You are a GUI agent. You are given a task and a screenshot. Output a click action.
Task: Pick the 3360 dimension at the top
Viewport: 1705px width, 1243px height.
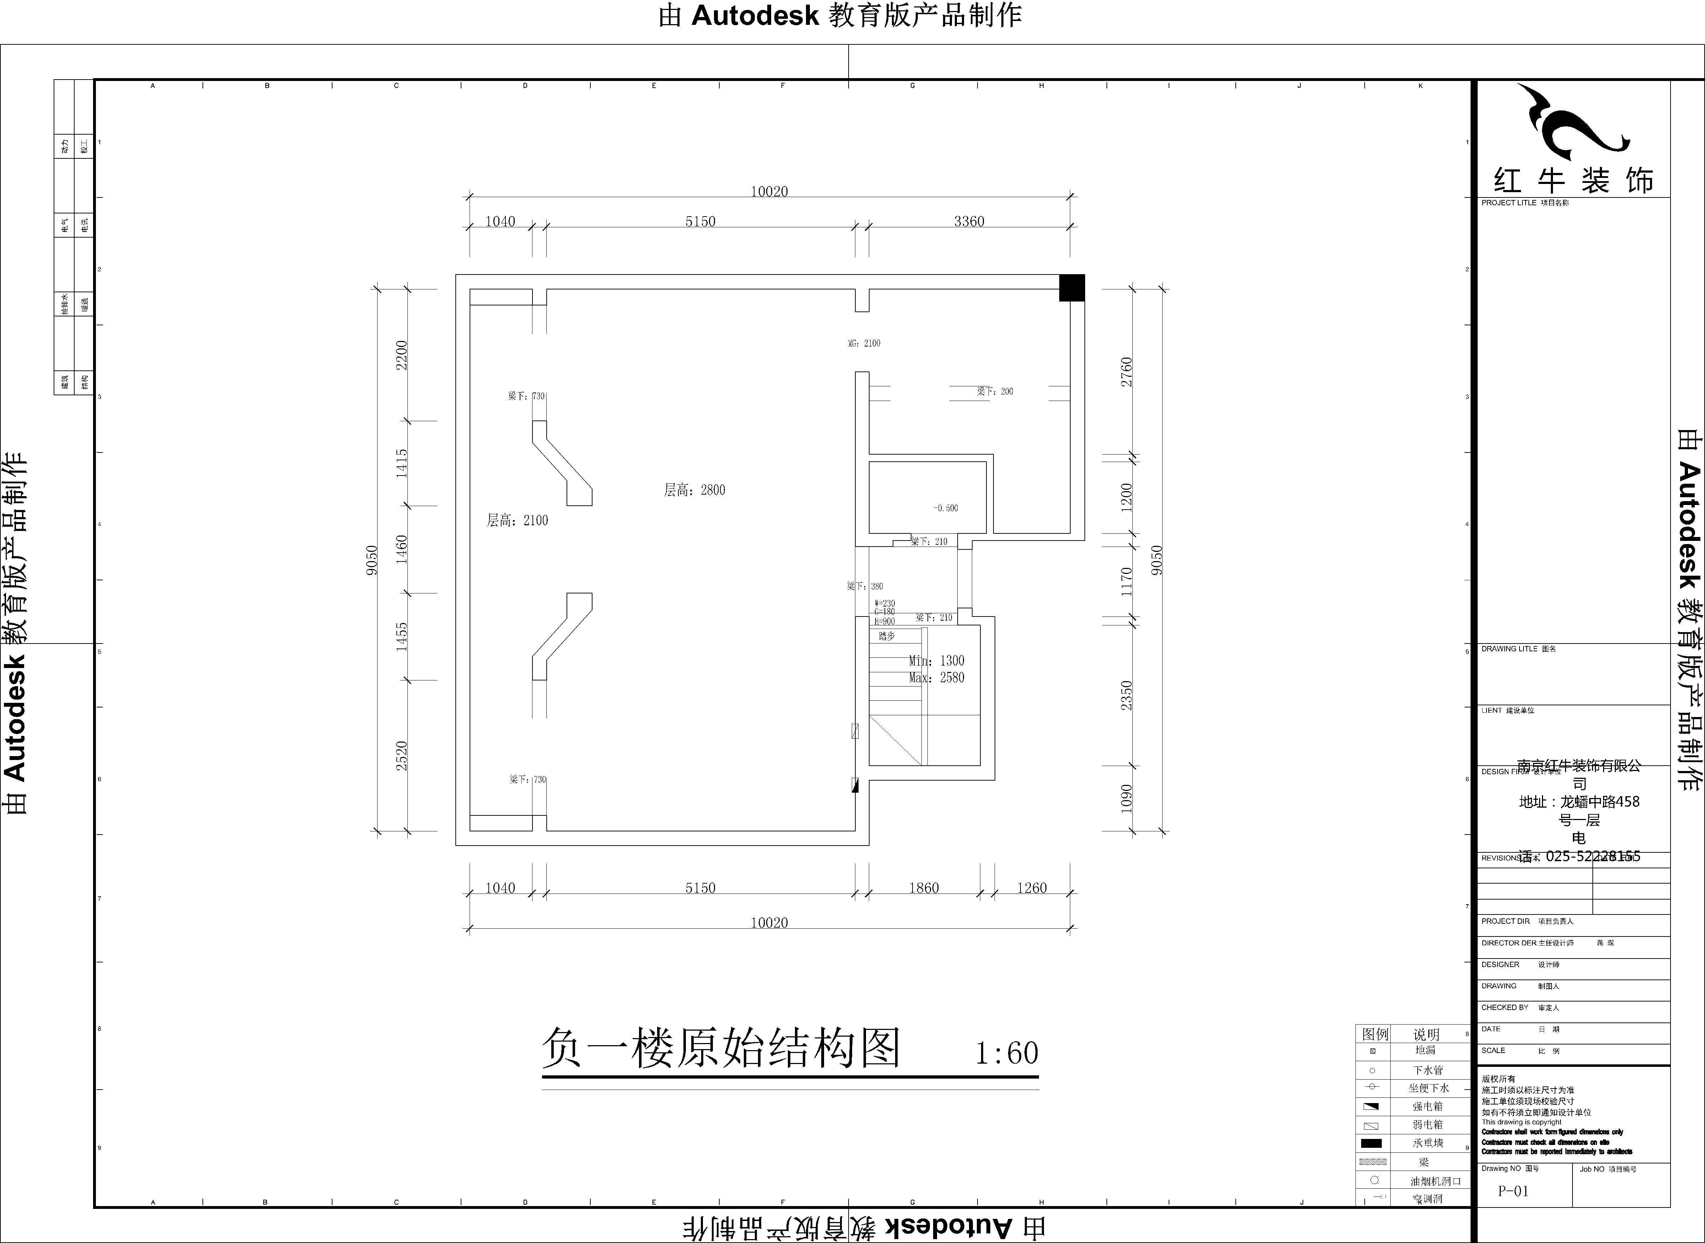(968, 221)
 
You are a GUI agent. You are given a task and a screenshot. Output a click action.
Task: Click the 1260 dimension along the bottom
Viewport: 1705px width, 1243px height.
(1032, 888)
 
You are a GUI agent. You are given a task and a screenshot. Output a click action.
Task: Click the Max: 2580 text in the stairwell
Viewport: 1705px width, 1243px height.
(936, 678)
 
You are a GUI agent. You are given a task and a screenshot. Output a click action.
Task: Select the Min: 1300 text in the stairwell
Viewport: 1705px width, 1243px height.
(936, 661)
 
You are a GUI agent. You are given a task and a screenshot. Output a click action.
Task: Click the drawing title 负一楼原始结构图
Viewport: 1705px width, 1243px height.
(721, 1049)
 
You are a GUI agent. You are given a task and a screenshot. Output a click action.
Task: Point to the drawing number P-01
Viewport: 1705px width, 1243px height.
(1513, 1191)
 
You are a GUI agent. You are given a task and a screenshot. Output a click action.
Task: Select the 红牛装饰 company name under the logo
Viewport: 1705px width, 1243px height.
(1573, 181)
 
